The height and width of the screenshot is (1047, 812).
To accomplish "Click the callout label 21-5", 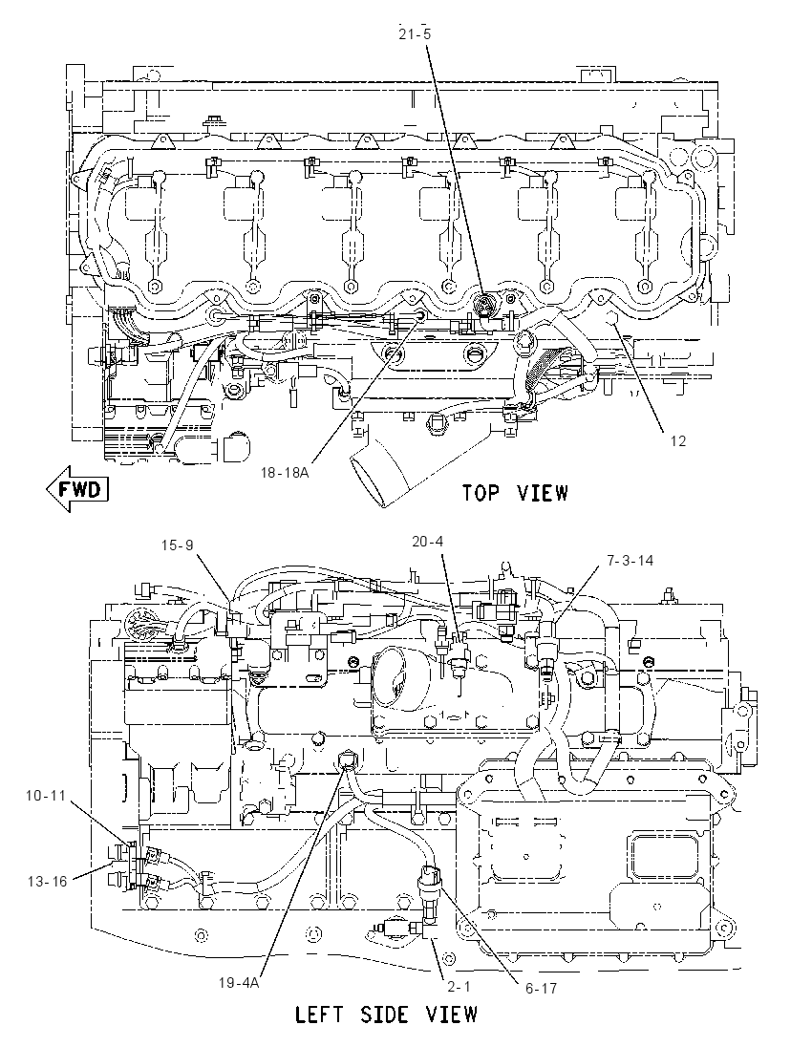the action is pos(415,33).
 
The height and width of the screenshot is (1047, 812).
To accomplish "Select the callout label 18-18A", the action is pos(285,473).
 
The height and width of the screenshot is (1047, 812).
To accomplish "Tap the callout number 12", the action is pos(677,440).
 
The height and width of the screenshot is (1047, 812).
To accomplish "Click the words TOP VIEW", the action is pos(516,494).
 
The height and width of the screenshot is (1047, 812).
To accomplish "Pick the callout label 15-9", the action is pos(177,545).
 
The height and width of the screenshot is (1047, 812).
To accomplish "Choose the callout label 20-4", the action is pos(427,541).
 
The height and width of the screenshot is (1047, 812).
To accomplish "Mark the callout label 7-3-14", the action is pos(630,560).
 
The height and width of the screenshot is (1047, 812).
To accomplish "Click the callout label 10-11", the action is pos(46,795).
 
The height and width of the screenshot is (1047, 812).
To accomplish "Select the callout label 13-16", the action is pos(48,882).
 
